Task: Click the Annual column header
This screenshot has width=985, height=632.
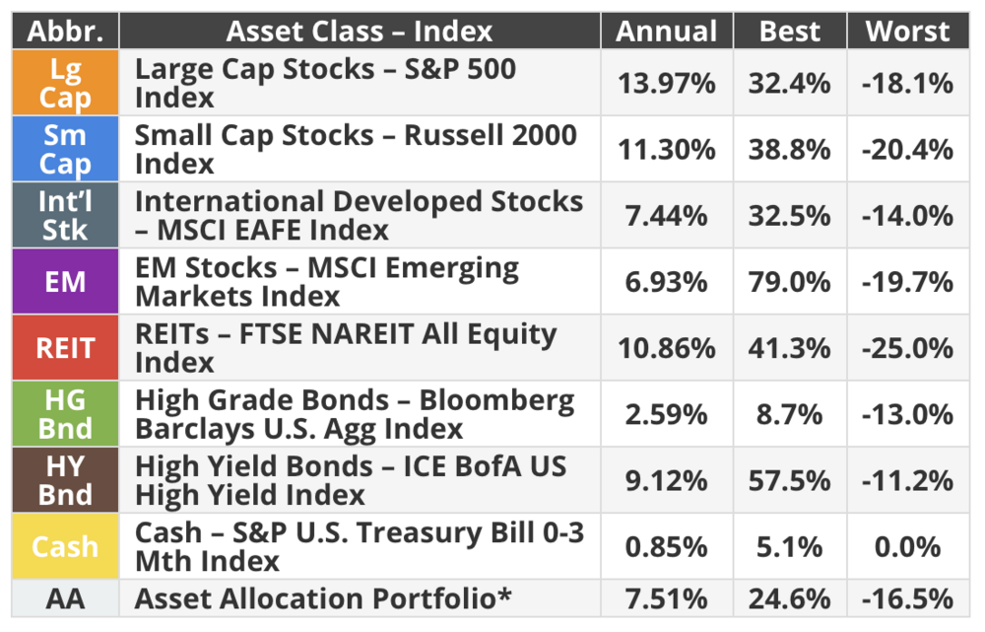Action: (x=667, y=31)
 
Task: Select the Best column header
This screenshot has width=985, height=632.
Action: (x=790, y=31)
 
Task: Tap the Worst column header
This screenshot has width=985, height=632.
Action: (x=908, y=31)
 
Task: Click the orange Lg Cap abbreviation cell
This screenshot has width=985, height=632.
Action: (x=65, y=83)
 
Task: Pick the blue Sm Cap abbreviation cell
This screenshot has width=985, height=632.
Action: (x=65, y=149)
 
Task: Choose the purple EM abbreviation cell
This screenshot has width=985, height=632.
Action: (x=65, y=281)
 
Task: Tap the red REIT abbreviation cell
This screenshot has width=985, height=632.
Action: (x=65, y=348)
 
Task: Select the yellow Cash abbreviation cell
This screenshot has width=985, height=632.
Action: (x=65, y=546)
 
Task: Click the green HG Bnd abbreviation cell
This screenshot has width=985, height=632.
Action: (x=65, y=414)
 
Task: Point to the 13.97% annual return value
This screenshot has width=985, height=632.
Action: (x=667, y=83)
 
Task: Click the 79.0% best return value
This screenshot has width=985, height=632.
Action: (x=790, y=282)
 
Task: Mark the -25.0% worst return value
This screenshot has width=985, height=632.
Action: (x=908, y=348)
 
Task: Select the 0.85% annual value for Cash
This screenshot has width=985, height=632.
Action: (x=667, y=546)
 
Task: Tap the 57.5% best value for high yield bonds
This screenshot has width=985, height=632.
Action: (x=790, y=480)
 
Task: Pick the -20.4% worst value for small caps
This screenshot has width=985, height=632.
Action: (x=908, y=150)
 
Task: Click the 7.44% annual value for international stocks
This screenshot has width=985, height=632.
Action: (x=667, y=216)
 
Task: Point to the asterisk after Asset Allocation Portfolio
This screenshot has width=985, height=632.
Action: (x=504, y=593)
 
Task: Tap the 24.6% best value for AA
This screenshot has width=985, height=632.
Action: (x=790, y=598)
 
